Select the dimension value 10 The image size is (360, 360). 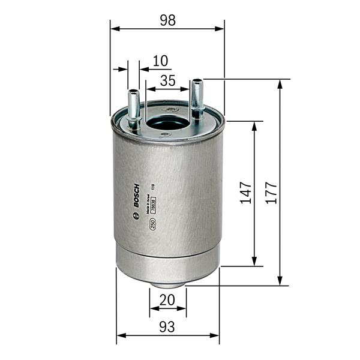[160, 61]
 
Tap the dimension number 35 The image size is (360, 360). [167, 80]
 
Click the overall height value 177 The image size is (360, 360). [271, 193]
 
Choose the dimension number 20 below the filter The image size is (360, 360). [167, 299]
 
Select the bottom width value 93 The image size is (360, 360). [167, 327]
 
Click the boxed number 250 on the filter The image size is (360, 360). [152, 224]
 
